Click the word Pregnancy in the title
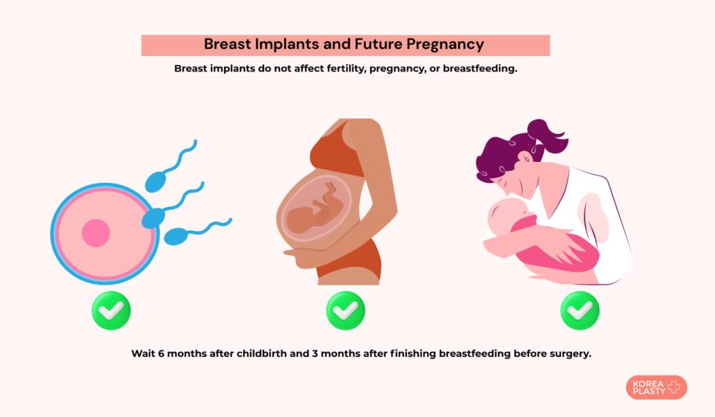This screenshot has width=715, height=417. (445, 45)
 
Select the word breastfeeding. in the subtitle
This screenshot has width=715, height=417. (480, 68)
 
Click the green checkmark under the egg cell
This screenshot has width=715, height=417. (111, 311)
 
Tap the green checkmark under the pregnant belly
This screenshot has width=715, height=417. (346, 311)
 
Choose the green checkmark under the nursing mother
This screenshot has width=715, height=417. (580, 311)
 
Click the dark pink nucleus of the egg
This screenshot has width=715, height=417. (96, 233)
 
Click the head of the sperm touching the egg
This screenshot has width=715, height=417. (153, 218)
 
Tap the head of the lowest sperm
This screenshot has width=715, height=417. (175, 237)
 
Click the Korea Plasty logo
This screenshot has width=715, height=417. (656, 388)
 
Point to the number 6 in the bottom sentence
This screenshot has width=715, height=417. (161, 353)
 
